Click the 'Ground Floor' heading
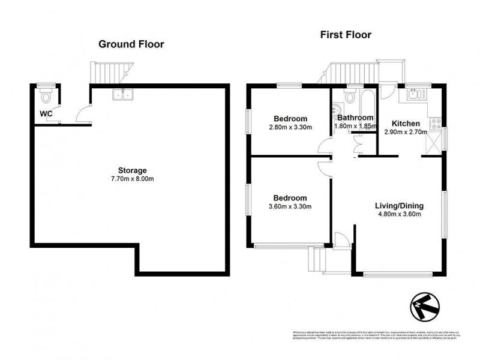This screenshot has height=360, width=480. (131, 44)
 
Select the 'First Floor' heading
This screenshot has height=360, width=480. (345, 35)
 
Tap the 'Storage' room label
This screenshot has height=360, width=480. (132, 170)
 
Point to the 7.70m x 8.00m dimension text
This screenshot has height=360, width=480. (132, 179)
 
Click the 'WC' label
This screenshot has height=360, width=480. (46, 113)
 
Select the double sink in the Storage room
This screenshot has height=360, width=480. (124, 94)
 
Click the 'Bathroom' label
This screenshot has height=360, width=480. (355, 118)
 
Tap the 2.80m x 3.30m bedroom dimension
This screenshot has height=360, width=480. (290, 127)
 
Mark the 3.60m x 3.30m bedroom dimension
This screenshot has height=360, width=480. (290, 207)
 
